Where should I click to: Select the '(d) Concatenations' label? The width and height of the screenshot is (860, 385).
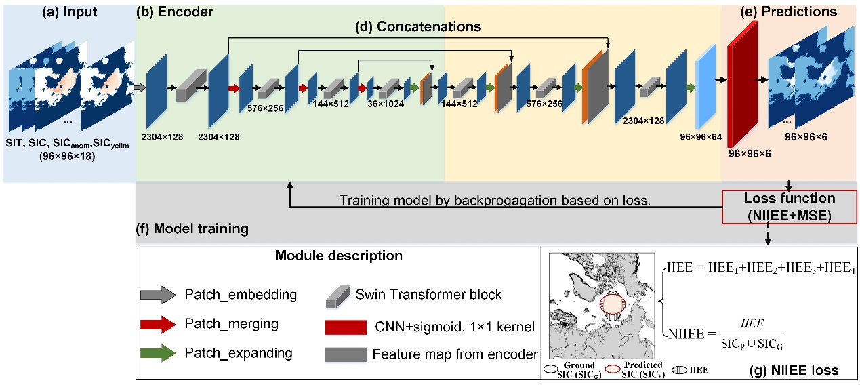[419, 27]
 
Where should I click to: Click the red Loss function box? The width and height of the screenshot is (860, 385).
[790, 206]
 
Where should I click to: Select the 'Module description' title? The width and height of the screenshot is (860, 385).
[338, 256]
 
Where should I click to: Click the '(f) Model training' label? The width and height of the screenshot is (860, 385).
[192, 229]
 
